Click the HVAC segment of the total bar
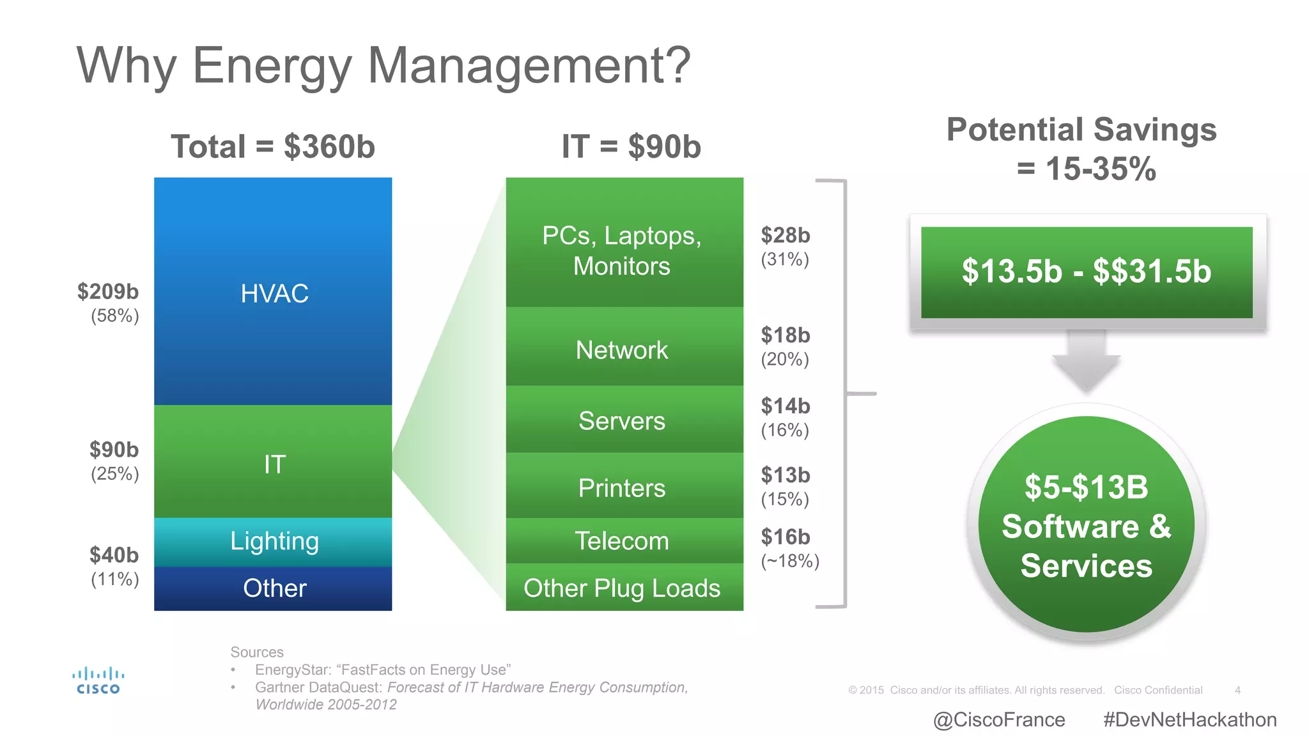273,292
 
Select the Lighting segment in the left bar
273,542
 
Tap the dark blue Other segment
273,588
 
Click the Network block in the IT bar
624,349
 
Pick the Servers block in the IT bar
624,420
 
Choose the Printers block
624,487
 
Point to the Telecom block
624,540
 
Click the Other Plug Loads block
624,588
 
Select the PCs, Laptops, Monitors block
624,250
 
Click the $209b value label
108,292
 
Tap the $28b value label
786,235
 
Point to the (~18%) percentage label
790,561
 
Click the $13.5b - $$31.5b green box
1087,272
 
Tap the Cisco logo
98,681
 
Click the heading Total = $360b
273,147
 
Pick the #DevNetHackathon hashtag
1189,720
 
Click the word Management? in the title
529,66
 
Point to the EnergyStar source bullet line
382,670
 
